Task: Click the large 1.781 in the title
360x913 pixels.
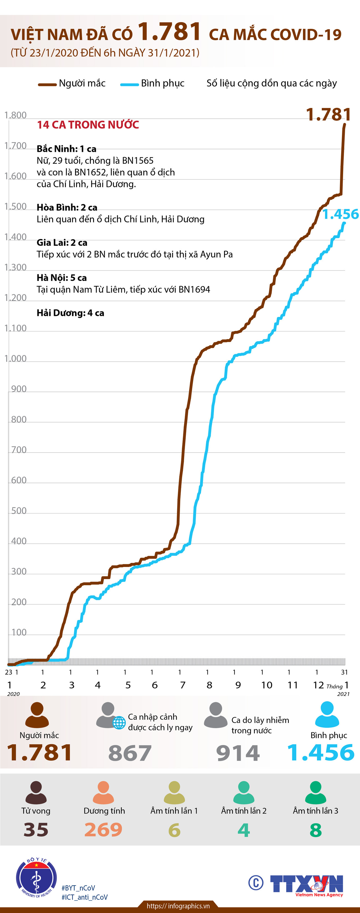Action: (169, 32)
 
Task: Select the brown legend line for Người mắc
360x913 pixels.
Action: (47, 84)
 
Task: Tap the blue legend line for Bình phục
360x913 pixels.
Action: (129, 84)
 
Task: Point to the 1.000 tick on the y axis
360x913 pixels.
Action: (15, 359)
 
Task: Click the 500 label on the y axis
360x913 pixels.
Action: (19, 511)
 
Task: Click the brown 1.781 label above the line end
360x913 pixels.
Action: (328, 114)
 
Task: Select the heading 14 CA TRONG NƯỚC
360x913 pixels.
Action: (88, 125)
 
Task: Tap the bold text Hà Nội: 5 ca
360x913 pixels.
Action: (62, 278)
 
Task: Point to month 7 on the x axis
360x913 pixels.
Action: (182, 685)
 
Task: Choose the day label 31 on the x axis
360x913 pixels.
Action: (344, 672)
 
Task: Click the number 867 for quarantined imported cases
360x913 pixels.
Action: (130, 753)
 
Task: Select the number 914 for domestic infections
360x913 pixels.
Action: (238, 753)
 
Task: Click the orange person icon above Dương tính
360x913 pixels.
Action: (104, 792)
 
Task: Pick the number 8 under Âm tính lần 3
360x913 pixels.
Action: (315, 830)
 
